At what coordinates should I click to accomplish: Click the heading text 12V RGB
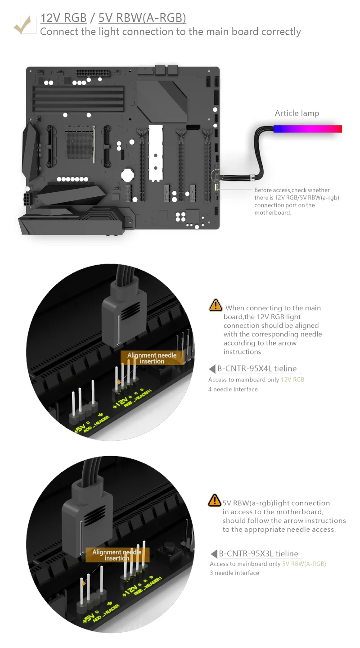[63, 18]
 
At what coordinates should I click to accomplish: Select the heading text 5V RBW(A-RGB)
[142, 18]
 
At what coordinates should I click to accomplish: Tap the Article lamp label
[297, 113]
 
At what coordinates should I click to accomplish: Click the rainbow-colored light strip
[308, 129]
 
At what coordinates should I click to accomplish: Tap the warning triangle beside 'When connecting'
[216, 305]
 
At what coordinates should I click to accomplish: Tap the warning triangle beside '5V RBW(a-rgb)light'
[215, 500]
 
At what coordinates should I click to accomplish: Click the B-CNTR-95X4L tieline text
[257, 369]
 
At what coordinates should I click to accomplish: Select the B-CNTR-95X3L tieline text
[258, 553]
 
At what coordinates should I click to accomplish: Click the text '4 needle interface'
[233, 389]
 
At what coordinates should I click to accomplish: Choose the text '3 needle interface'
[234, 573]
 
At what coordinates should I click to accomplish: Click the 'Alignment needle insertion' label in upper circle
[152, 358]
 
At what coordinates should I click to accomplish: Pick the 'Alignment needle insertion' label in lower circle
[117, 555]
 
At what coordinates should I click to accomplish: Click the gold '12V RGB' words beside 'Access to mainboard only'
[292, 380]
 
